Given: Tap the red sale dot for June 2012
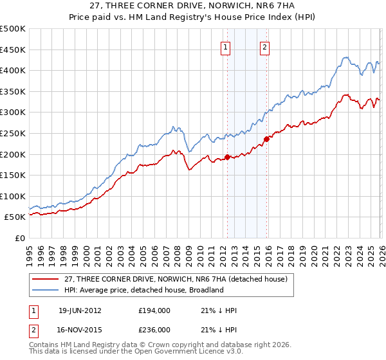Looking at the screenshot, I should coord(227,157).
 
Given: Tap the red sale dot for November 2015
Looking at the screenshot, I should coord(266,139).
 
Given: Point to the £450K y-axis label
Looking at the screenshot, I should coord(13,50).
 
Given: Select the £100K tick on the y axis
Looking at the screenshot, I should coord(13,196).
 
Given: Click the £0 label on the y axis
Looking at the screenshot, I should coord(19,238).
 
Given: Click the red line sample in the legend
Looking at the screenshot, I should coord(46,278).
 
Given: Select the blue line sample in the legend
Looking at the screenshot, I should coord(46,290).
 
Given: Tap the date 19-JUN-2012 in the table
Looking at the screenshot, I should coord(80,310).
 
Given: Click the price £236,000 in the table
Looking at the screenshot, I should coord(154,330).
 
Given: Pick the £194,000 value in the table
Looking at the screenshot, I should coord(154,310).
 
